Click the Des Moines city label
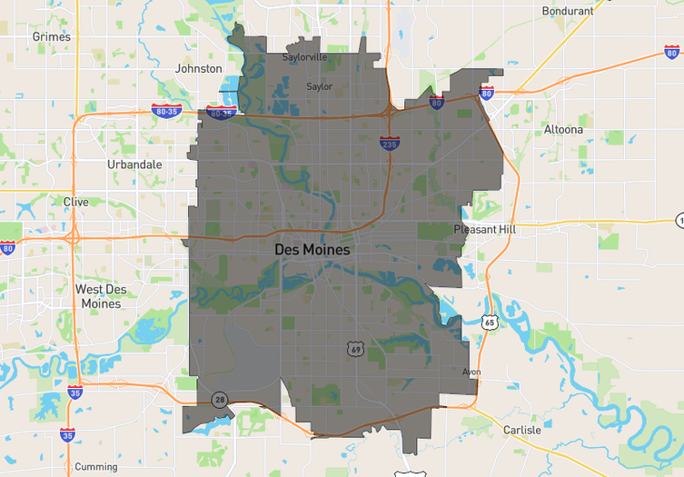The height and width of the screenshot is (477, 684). click(312, 248)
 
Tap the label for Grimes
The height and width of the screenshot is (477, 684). click(51, 36)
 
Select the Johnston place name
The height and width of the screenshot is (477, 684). click(198, 68)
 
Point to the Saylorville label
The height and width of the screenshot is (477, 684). click(304, 56)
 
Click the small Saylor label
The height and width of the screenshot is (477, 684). click(319, 87)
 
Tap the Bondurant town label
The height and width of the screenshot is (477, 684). click(567, 11)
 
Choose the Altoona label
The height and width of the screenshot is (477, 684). click(563, 130)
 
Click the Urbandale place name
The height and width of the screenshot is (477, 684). click(134, 164)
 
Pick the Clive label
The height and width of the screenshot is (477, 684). click(76, 202)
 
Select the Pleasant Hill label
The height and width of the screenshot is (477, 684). click(485, 230)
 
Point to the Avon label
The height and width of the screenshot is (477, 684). click(471, 372)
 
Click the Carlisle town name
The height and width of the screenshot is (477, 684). click(521, 430)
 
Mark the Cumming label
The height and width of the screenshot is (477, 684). click(96, 467)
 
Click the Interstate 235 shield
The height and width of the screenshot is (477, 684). click(388, 143)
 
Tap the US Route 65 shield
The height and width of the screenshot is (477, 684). click(491, 323)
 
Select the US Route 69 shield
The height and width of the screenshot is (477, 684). click(354, 349)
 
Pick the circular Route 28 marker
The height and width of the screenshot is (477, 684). click(220, 400)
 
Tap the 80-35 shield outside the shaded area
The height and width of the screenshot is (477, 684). click(166, 110)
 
